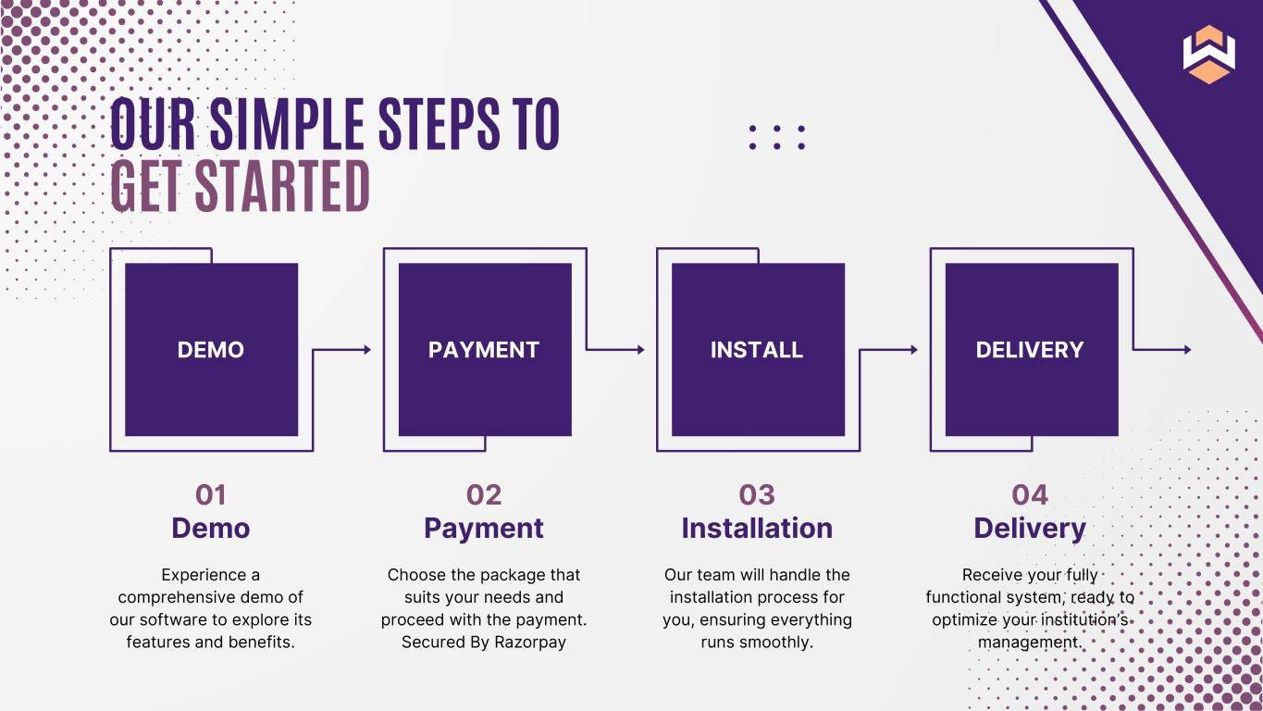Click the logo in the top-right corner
click(x=1208, y=55)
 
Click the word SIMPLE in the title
click(x=287, y=123)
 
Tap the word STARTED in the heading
click(x=282, y=186)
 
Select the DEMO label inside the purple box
click(x=211, y=350)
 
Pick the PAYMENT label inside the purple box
click(x=484, y=350)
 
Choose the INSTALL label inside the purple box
click(x=757, y=350)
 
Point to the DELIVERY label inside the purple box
click(x=1030, y=350)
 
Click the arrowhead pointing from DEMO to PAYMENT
click(x=367, y=350)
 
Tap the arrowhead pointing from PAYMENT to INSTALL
click(x=640, y=350)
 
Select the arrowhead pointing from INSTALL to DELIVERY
click(x=914, y=350)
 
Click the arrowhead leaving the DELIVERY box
click(x=1187, y=350)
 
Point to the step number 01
click(x=211, y=495)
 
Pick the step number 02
click(x=484, y=495)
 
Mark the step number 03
click(x=757, y=495)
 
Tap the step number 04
click(x=1030, y=495)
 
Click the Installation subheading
click(x=757, y=529)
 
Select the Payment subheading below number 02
click(x=484, y=530)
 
